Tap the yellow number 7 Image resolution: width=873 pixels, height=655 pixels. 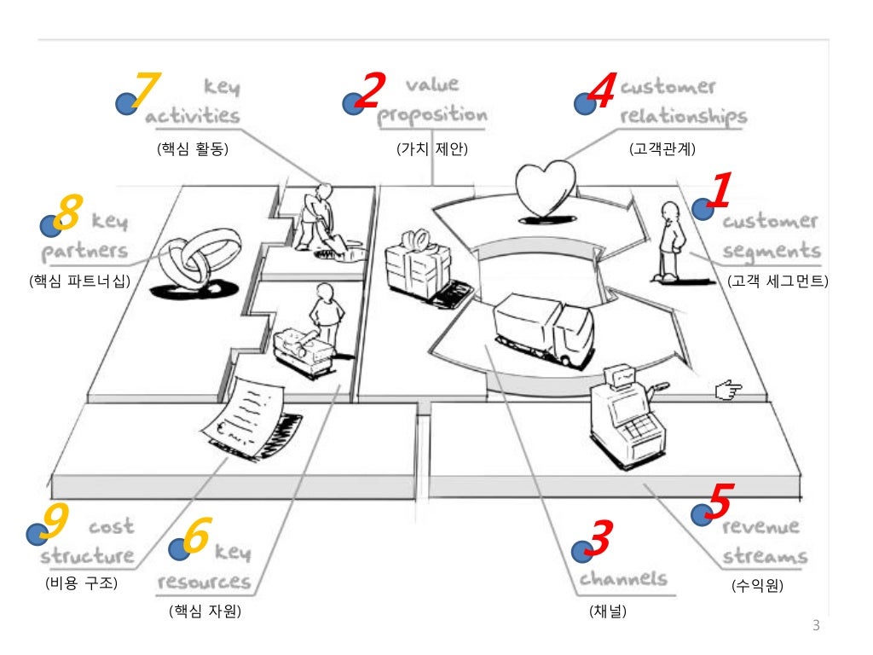147,90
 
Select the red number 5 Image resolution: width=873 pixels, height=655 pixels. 720,501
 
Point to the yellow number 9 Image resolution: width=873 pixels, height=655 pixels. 55,521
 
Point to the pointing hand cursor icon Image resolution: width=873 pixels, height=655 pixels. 729,391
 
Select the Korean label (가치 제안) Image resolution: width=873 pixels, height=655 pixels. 433,150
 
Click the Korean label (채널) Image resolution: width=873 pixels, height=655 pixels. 607,612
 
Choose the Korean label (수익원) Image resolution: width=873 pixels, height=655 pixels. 757,586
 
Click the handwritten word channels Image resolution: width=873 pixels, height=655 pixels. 623,579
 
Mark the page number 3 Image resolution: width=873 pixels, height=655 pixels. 815,627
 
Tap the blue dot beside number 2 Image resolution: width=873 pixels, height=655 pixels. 352,105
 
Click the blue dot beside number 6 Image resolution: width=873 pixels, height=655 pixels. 179,549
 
